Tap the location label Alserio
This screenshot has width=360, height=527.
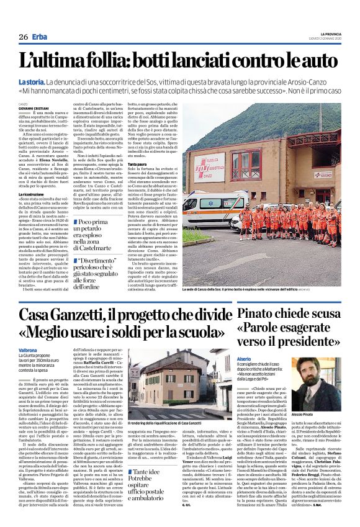[x=245, y=359]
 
